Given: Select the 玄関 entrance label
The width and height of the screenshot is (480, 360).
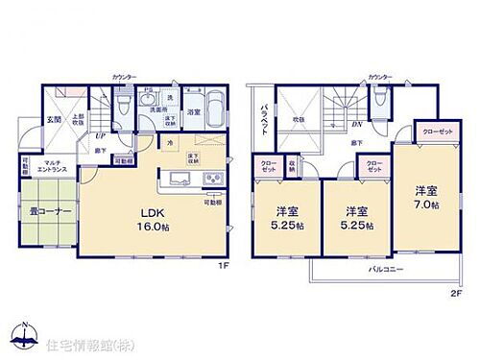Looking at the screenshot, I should click(55, 120).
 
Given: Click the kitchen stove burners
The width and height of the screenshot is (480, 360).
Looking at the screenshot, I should click(210, 180).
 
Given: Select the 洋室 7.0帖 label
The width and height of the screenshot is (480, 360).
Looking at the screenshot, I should click(426, 198).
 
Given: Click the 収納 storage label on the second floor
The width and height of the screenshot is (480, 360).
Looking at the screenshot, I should click(292, 165).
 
